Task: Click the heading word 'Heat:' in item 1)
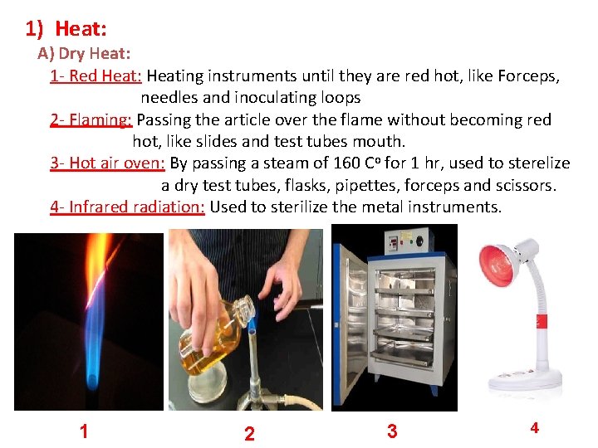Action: pos(81,30)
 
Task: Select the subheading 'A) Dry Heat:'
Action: pos(83,55)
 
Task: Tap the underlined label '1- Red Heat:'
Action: pos(96,76)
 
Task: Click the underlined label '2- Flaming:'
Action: pos(91,119)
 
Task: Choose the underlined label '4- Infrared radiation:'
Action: pos(127,206)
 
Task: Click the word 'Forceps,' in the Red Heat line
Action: pos(528,76)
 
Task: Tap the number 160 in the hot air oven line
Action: pos(346,163)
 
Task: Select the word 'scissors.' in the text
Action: pos(527,184)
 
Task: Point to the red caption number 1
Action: pos(84,431)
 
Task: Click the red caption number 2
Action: pos(249,434)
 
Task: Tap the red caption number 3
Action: pos(392,431)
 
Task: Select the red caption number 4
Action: pos(534,428)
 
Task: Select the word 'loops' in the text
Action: pos(337,98)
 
